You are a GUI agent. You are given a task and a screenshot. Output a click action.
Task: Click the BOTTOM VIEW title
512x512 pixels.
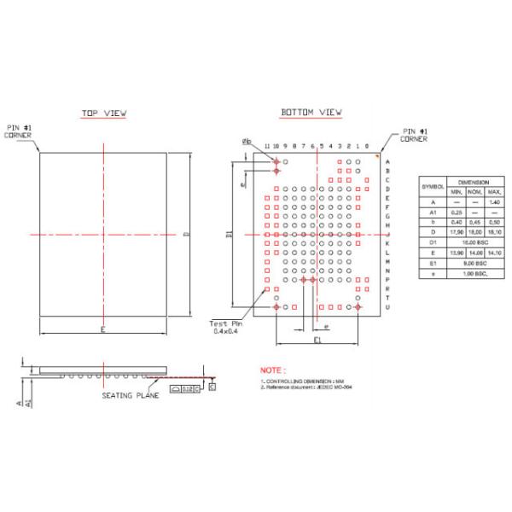(x=311, y=113)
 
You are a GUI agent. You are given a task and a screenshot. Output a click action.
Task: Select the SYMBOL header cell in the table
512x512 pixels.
(x=433, y=187)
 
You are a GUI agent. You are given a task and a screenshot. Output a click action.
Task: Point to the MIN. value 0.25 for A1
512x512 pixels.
(x=457, y=212)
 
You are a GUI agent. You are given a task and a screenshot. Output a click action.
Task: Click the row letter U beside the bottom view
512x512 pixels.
(x=387, y=307)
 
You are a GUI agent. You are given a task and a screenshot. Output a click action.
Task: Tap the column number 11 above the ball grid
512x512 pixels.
(x=266, y=147)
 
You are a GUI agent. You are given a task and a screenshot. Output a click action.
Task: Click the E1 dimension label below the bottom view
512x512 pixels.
(x=317, y=340)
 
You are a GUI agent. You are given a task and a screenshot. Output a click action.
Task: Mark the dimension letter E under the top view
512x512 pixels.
(x=102, y=329)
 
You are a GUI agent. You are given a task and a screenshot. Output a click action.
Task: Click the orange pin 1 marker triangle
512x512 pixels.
(x=376, y=157)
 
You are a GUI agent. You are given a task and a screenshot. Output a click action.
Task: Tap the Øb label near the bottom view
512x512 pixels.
(x=247, y=141)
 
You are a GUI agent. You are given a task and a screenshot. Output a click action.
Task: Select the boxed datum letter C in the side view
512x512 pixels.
(x=212, y=387)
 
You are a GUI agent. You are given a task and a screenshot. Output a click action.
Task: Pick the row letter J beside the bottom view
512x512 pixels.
(x=387, y=235)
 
